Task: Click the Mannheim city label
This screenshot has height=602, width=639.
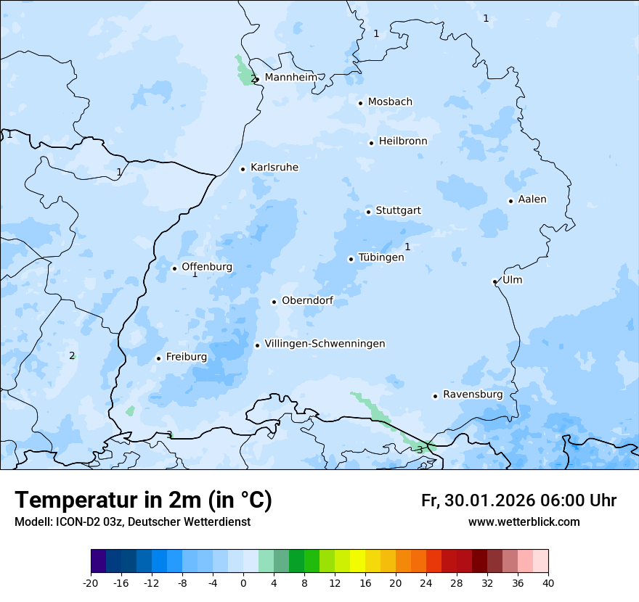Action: click(290, 77)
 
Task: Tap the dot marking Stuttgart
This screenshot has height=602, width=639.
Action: click(368, 212)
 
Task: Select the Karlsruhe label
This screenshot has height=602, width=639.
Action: click(274, 168)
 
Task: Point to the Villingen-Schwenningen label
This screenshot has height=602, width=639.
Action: click(325, 344)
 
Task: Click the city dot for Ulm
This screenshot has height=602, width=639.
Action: click(494, 281)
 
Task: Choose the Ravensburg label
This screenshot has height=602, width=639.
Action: click(473, 395)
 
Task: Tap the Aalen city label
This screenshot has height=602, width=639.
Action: click(532, 199)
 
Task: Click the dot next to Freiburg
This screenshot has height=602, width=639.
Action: click(158, 358)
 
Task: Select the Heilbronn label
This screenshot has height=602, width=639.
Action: click(403, 141)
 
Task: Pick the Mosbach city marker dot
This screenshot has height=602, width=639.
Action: click(360, 103)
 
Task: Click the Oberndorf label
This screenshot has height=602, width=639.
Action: click(307, 300)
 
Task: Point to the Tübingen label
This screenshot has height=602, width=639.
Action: click(381, 257)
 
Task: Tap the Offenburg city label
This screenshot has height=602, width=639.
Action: click(207, 267)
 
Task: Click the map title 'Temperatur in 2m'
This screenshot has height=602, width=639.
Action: click(143, 500)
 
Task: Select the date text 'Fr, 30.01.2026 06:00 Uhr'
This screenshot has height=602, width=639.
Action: click(518, 500)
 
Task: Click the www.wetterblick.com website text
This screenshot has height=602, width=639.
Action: click(524, 521)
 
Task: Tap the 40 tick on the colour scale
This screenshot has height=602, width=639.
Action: click(548, 582)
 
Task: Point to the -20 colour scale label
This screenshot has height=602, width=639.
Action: click(91, 582)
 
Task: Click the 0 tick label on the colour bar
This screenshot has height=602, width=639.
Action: click(243, 582)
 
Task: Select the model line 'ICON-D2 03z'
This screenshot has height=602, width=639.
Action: click(132, 521)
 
